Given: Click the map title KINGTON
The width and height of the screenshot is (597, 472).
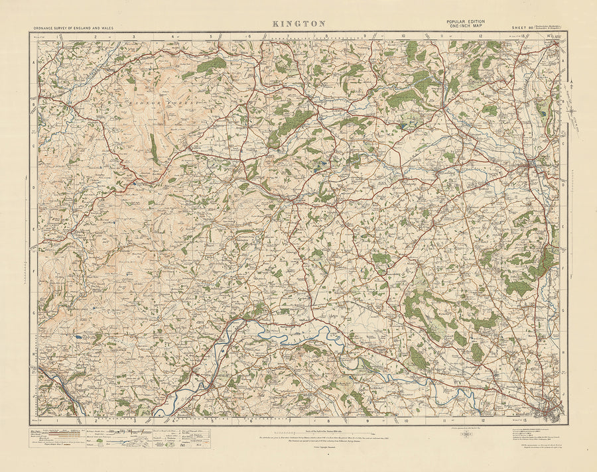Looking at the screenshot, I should [x=298, y=23].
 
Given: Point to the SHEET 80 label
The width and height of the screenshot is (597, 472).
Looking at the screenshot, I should [x=523, y=28].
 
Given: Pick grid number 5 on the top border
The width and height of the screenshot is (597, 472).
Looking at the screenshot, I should [x=211, y=38].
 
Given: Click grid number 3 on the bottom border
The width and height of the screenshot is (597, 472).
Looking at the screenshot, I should [x=134, y=420].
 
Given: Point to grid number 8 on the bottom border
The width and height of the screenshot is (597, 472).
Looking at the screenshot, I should [x=328, y=420].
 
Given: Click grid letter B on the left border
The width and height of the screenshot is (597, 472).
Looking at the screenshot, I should [x=33, y=104].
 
